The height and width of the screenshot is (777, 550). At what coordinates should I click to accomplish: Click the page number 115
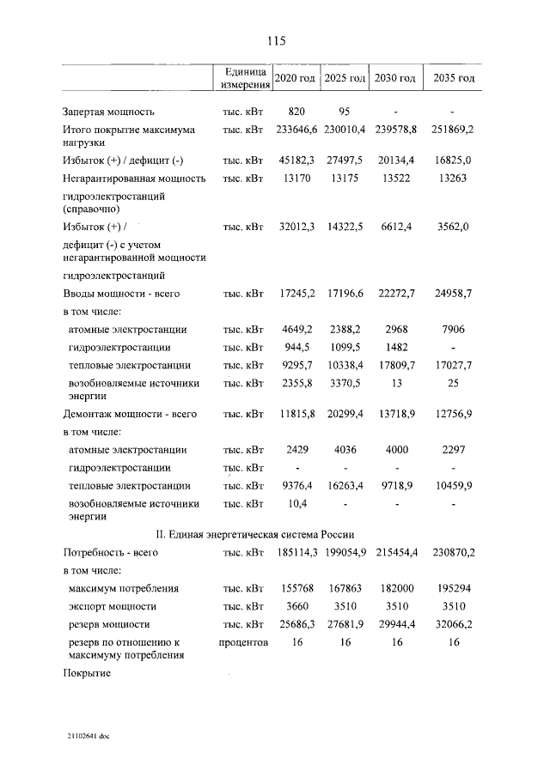click(x=275, y=40)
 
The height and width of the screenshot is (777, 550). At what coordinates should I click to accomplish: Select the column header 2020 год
click(x=295, y=78)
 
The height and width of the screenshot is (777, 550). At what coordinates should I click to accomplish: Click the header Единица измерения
click(x=244, y=77)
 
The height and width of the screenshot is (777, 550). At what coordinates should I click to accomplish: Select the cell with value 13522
click(x=399, y=179)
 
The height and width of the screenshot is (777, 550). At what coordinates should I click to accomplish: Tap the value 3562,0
click(x=452, y=228)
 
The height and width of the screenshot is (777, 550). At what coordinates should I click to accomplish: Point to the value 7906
click(x=452, y=330)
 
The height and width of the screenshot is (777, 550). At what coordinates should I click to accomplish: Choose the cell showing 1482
click(x=399, y=347)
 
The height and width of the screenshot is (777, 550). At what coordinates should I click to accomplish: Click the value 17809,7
click(x=399, y=365)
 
